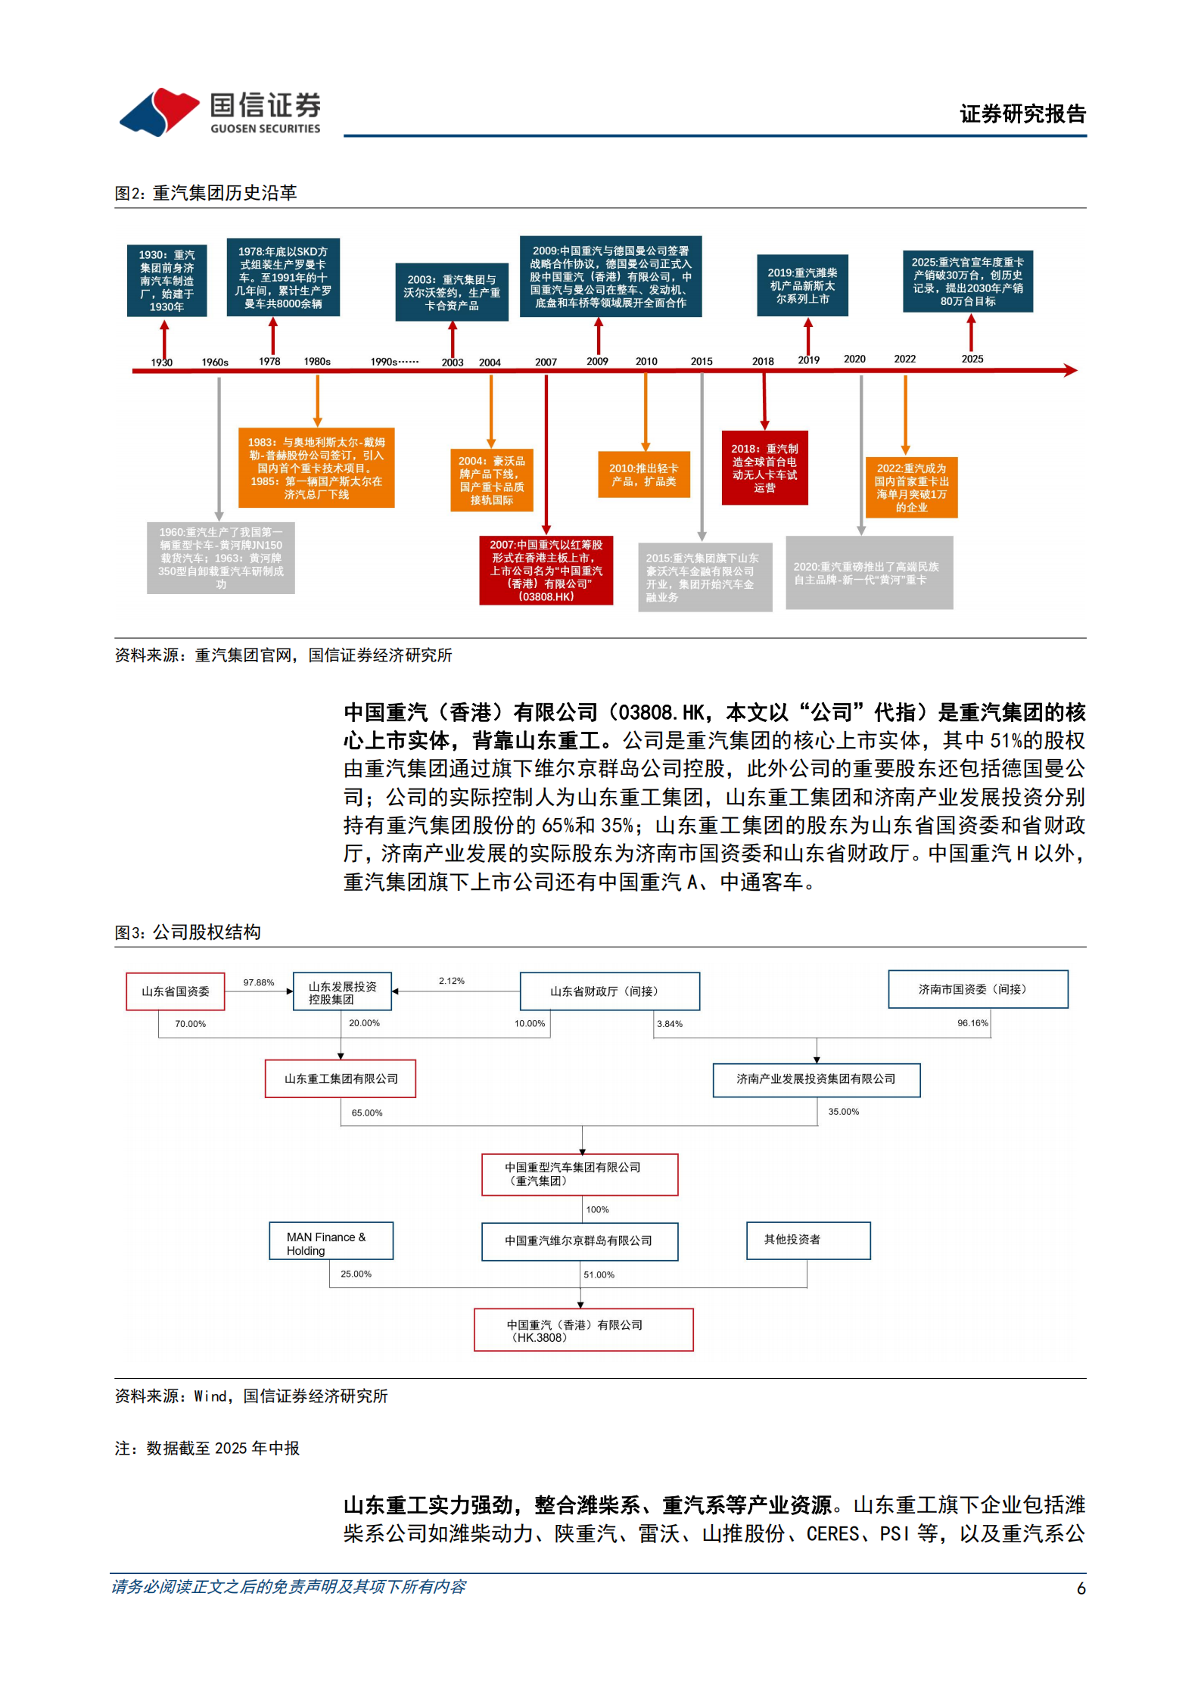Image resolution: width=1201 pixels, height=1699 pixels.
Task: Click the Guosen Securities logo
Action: point(220,112)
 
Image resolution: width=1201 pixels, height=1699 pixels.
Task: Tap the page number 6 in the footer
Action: point(1081,1589)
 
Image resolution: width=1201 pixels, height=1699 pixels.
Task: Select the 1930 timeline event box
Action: point(166,281)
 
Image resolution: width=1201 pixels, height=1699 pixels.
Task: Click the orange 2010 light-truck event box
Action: point(644,475)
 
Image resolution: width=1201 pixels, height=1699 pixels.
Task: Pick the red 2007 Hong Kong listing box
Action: point(546,571)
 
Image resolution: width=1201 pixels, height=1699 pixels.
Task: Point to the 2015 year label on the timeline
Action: point(702,362)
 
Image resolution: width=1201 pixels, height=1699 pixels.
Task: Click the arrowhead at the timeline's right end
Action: point(1070,370)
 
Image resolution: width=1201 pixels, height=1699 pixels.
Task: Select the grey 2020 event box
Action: point(869,573)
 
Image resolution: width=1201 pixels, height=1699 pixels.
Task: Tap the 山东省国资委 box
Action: point(176,991)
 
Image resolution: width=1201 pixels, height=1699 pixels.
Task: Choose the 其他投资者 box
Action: point(807,1240)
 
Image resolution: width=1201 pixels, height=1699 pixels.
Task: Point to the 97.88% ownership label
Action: point(259,982)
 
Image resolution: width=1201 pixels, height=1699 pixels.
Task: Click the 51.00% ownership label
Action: point(599,1275)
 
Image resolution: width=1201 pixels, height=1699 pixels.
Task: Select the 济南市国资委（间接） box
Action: point(977,989)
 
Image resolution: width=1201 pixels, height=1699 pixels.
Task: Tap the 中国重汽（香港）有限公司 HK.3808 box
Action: point(583,1330)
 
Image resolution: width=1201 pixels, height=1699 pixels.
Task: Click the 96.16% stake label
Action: point(972,1023)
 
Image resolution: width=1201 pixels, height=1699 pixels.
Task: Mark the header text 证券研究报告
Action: point(1022,114)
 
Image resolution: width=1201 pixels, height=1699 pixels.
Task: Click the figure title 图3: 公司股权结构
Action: point(188,932)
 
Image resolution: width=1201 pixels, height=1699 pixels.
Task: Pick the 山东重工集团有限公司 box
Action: point(341,1078)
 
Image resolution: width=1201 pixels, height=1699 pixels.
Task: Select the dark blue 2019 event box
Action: point(802,285)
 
